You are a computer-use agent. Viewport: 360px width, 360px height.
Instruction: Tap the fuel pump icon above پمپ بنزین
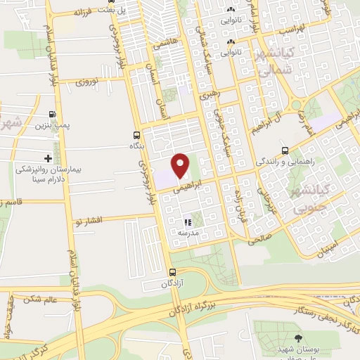click(53, 115)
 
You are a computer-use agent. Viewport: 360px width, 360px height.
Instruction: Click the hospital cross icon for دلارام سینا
click(48, 158)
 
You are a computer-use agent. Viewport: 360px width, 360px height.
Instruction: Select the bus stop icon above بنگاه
click(136, 134)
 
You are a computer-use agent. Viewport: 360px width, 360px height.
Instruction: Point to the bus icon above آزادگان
click(172, 272)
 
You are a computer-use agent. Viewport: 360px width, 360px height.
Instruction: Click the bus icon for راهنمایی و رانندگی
click(285, 150)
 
